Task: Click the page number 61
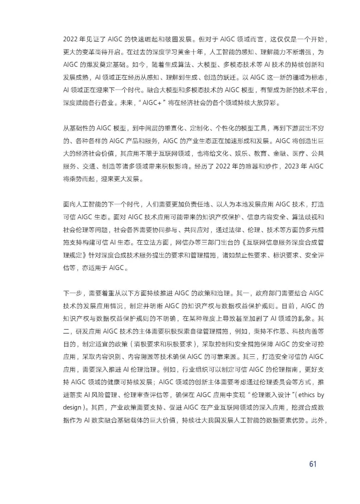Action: pos(312,464)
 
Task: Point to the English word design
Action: pos(72,408)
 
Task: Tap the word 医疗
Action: pos(295,154)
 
